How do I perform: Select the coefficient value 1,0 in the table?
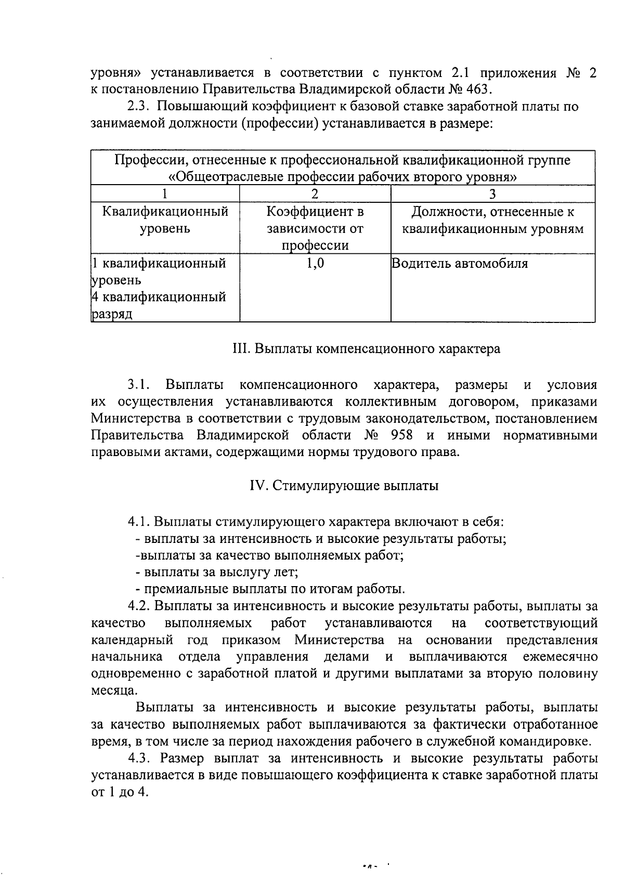pos(315,264)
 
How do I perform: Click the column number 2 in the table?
pos(315,194)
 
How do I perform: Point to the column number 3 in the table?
pos(492,194)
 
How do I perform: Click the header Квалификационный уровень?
pos(165,220)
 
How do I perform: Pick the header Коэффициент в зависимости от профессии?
pos(315,228)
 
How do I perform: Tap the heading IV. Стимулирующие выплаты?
pos(344,486)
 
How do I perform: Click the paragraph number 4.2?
pos(139,606)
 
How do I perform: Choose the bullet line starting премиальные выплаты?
pos(269,589)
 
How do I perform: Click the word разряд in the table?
pos(111,315)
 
